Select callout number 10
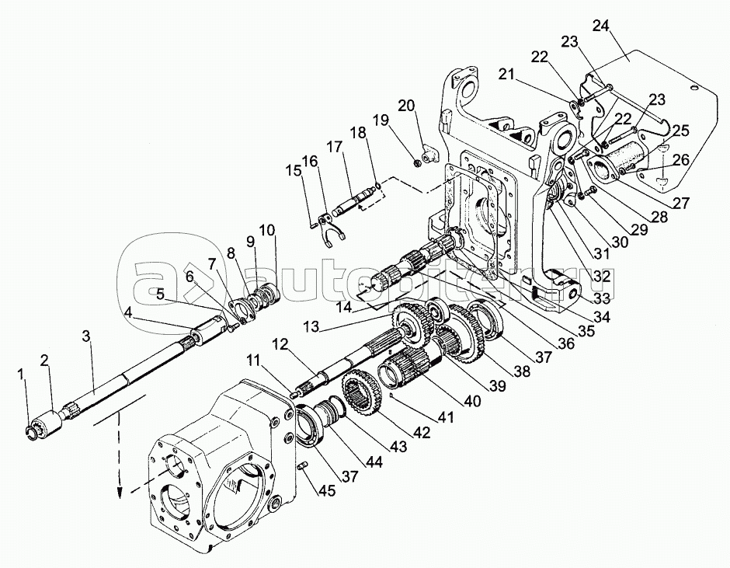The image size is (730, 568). (266, 230)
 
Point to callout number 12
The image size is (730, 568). (280, 343)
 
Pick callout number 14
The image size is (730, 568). (343, 307)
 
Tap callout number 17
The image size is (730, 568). (334, 146)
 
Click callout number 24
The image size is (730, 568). (600, 26)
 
